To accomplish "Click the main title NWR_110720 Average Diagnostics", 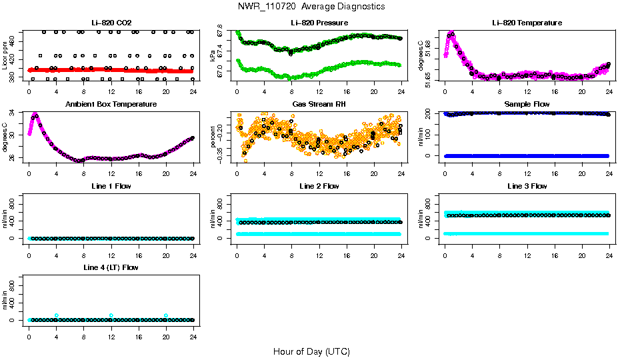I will (311, 7).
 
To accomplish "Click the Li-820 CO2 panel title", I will (111, 23).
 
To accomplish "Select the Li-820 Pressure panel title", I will (319, 23).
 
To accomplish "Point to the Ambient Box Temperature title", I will (111, 104).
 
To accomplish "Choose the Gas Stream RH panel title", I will (319, 104).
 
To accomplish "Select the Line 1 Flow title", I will (111, 186).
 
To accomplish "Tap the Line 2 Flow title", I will (319, 186).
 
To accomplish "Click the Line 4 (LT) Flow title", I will (111, 267).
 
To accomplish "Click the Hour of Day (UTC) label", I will (311, 351).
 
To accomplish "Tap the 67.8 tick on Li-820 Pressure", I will (221, 33).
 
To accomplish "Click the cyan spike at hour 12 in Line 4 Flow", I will (111, 315).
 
